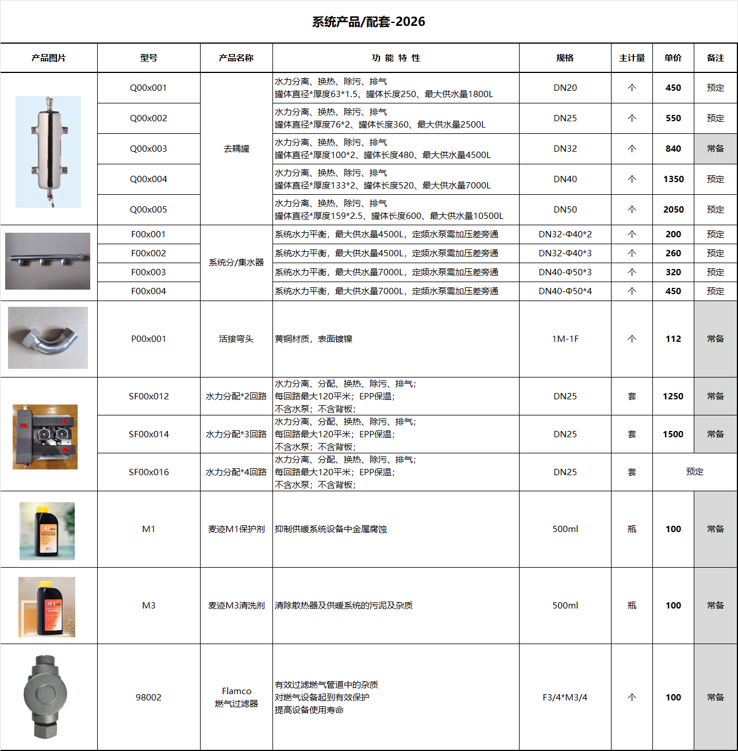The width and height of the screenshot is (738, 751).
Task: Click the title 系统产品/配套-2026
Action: click(x=368, y=22)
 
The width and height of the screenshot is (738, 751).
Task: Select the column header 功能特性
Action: click(x=395, y=58)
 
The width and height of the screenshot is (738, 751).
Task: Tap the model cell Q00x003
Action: click(x=148, y=149)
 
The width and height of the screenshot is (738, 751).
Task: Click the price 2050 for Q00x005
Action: click(x=673, y=210)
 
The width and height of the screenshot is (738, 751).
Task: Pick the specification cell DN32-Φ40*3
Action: click(x=565, y=253)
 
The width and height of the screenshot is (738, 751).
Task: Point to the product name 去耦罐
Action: click(x=236, y=149)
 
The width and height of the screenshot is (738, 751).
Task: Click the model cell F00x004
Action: click(x=148, y=291)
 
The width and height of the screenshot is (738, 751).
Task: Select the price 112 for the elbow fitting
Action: click(x=673, y=339)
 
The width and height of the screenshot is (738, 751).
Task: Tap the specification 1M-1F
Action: click(x=565, y=339)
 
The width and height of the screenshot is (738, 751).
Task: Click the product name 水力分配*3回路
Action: click(x=236, y=434)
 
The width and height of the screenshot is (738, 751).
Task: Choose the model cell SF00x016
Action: click(x=148, y=472)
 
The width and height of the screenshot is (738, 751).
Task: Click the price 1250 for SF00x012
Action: click(x=673, y=396)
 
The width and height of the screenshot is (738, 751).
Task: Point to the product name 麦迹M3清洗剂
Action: click(x=236, y=606)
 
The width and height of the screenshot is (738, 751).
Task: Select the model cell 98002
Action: click(x=148, y=698)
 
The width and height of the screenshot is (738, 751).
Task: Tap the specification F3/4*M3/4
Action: click(x=565, y=698)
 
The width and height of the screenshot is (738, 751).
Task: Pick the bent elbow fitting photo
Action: click(x=48, y=338)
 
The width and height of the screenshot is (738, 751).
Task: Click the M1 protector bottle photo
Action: click(x=47, y=531)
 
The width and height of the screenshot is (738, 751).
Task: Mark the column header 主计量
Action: click(x=632, y=58)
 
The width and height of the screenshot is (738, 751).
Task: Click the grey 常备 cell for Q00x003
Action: click(x=716, y=149)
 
